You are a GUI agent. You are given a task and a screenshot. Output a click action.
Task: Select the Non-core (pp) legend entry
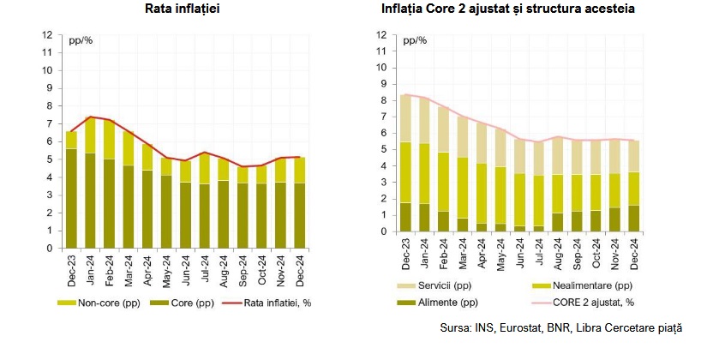coord(100,302)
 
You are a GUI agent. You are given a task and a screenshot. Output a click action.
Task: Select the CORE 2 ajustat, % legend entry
coord(595,302)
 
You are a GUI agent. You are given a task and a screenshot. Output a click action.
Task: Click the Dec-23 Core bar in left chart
coord(71,198)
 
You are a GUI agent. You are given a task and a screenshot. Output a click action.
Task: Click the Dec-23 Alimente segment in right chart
coord(406,217)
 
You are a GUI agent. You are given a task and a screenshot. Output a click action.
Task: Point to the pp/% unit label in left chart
coord(81,41)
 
